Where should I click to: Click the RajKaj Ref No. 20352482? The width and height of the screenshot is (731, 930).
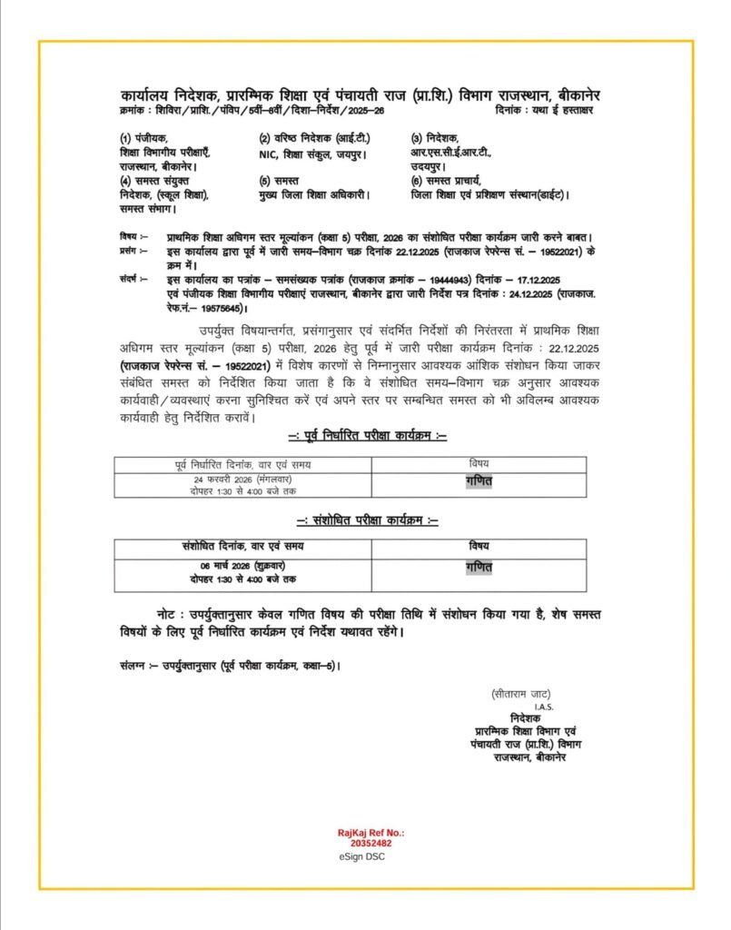[x=370, y=837]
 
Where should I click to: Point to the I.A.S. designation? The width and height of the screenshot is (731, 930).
[x=544, y=706]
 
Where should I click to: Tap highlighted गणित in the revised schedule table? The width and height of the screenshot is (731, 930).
[x=479, y=567]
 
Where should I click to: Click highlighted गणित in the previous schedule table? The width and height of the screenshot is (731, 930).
[x=479, y=481]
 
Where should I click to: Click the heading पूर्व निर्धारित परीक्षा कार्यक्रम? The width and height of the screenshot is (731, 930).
[x=367, y=436]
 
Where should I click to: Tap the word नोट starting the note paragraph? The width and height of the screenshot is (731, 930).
[x=168, y=615]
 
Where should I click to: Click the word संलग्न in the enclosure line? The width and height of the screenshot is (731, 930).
[x=132, y=665]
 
